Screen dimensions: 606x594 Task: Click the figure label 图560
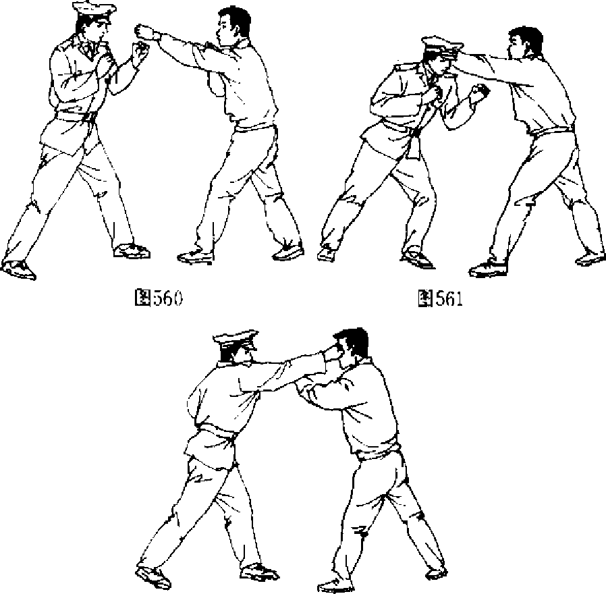158,298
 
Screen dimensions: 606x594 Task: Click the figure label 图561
440,298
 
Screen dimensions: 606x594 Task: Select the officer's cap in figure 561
443,47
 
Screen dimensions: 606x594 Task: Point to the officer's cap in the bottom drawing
236,340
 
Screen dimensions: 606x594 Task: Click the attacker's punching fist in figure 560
143,31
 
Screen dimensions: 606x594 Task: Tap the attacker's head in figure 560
233,25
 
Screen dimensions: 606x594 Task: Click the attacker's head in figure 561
524,43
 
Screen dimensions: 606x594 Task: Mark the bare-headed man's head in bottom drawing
350,345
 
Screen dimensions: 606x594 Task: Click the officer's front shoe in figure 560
132,251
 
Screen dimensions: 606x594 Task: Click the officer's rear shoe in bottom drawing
153,577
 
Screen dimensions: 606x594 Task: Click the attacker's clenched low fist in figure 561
479,92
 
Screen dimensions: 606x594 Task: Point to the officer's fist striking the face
330,354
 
